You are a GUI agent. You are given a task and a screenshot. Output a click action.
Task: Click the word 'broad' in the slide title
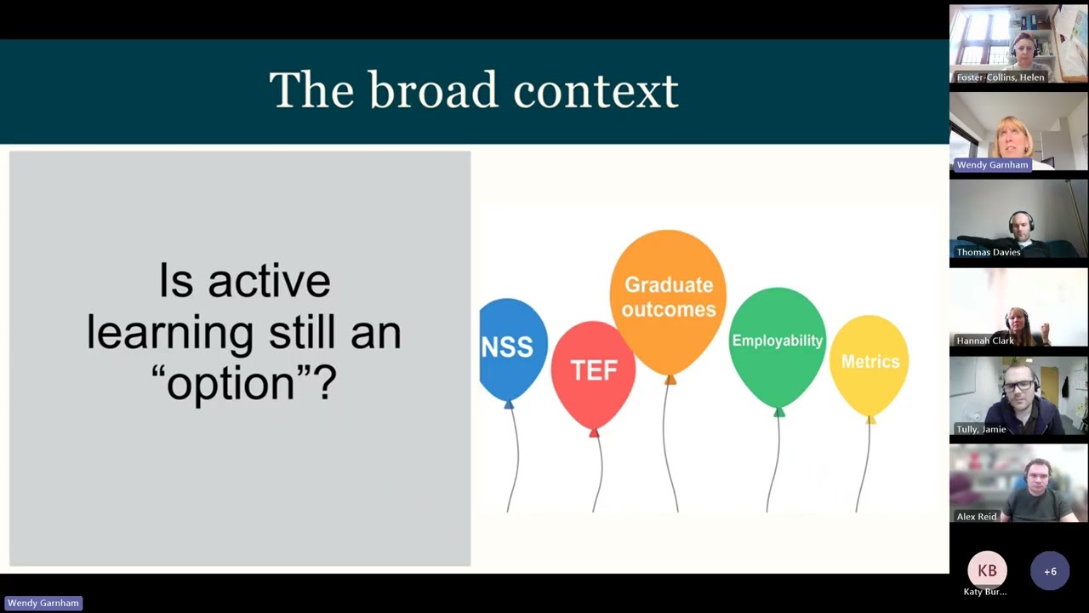pyautogui.click(x=432, y=90)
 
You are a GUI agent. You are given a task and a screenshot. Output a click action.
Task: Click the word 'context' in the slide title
pyautogui.click(x=596, y=90)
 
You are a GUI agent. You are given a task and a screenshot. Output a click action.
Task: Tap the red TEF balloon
pyautogui.click(x=593, y=371)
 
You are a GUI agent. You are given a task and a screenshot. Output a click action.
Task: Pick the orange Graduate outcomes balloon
pyautogui.click(x=668, y=297)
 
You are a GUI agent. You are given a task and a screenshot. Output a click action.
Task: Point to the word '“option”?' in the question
pyautogui.click(x=244, y=383)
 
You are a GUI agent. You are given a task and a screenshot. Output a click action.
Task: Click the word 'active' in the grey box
pyautogui.click(x=269, y=281)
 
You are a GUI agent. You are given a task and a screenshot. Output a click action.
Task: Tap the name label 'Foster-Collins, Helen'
pyautogui.click(x=1000, y=77)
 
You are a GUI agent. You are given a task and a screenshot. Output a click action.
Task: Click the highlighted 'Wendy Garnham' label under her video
pyautogui.click(x=992, y=165)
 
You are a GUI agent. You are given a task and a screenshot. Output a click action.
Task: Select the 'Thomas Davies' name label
pyautogui.click(x=988, y=252)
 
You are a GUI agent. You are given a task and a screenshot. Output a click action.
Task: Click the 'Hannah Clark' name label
pyautogui.click(x=984, y=341)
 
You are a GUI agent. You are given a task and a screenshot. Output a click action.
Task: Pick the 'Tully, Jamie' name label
pyautogui.click(x=981, y=429)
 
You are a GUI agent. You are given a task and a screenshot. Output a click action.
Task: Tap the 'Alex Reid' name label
pyautogui.click(x=976, y=517)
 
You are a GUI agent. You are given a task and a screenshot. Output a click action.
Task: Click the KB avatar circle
pyautogui.click(x=987, y=571)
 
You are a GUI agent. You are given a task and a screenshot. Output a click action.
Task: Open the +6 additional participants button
pyautogui.click(x=1050, y=571)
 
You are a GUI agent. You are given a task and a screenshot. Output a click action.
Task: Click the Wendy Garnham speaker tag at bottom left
pyautogui.click(x=43, y=603)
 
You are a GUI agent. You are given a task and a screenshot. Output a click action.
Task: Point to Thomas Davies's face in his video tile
pyautogui.click(x=1021, y=226)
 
